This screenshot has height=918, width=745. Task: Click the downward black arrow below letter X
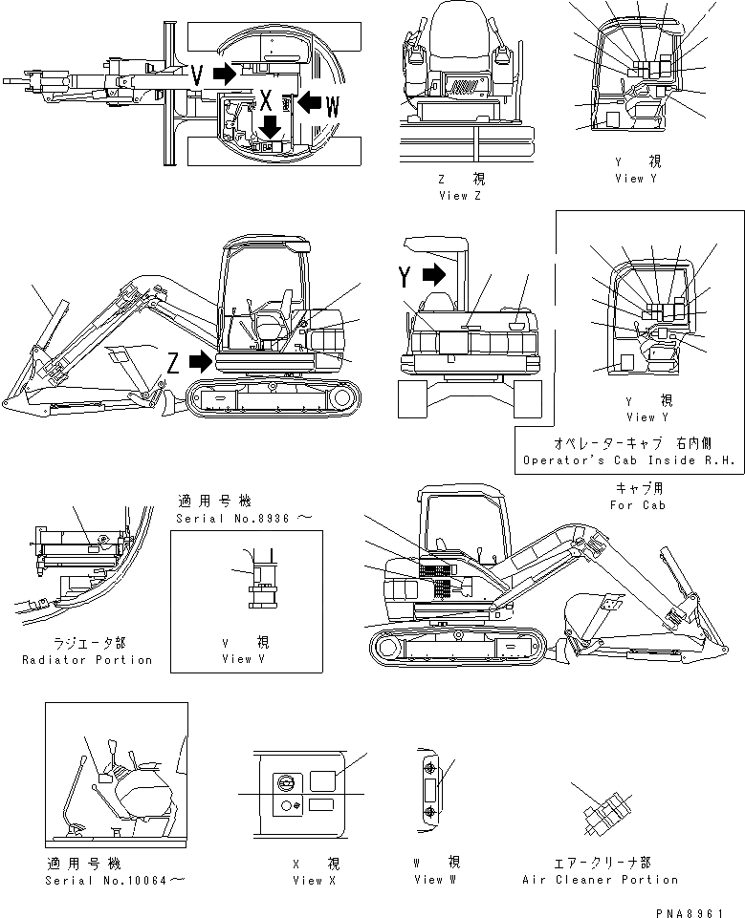click(x=272, y=125)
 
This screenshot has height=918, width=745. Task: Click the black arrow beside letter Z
click(x=200, y=362)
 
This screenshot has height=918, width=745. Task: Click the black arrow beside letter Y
click(x=432, y=276)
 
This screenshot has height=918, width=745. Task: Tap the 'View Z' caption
click(x=453, y=195)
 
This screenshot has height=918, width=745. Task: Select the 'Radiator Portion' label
click(x=87, y=660)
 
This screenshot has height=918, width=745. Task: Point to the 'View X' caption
click(x=315, y=880)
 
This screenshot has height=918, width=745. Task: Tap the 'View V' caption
click(x=236, y=658)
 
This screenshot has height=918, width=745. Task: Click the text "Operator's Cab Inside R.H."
click(x=628, y=460)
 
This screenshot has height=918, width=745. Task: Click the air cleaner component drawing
click(x=602, y=814)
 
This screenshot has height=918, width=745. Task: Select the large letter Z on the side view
click(x=172, y=361)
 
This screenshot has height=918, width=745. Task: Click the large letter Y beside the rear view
click(x=406, y=277)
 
